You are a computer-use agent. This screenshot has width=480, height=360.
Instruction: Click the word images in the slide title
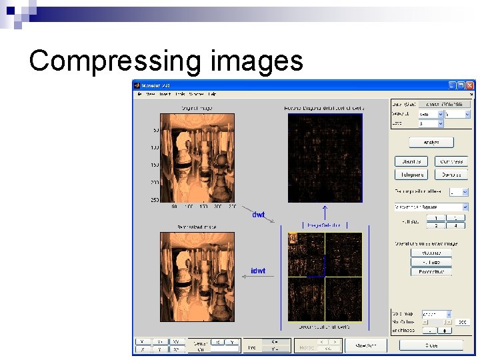click(256, 61)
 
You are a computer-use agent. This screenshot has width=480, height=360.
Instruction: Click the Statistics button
click(411, 161)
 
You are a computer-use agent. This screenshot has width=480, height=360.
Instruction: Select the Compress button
click(451, 161)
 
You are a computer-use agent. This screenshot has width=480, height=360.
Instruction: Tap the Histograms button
click(411, 174)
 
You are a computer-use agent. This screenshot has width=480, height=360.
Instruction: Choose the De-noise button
click(451, 174)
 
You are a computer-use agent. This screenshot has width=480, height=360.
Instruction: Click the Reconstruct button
click(431, 271)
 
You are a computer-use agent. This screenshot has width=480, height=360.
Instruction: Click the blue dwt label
click(258, 215)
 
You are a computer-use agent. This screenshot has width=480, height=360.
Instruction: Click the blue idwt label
click(258, 271)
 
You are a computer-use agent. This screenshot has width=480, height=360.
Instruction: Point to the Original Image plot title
click(197, 108)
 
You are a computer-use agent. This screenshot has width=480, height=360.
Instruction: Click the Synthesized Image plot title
click(197, 227)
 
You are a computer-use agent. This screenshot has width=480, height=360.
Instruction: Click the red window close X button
click(471, 85)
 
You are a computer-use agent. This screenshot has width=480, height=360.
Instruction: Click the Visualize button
click(431, 253)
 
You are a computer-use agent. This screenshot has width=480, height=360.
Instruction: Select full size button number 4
click(455, 225)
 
